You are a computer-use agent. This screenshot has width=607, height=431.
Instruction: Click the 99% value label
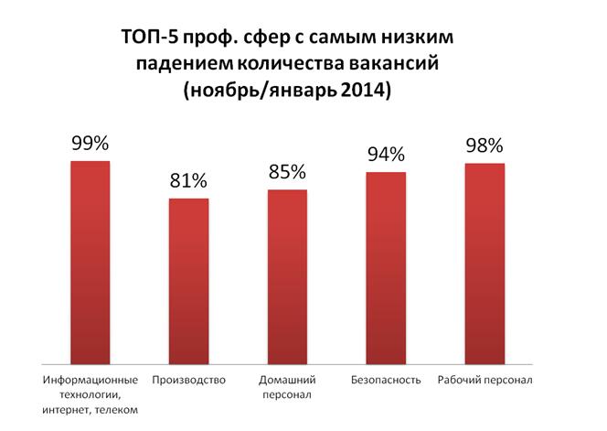[91, 143]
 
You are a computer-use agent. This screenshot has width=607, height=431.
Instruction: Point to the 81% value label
[189, 180]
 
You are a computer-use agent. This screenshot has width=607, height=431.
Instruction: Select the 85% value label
[287, 171]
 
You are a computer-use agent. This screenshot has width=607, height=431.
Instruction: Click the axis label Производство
[189, 380]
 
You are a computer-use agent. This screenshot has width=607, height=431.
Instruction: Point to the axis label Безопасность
[386, 380]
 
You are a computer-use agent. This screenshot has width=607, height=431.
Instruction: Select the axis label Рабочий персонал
[485, 380]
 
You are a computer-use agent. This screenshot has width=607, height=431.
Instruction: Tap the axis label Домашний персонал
[287, 387]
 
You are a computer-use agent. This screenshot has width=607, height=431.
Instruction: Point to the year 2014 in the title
[369, 91]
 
